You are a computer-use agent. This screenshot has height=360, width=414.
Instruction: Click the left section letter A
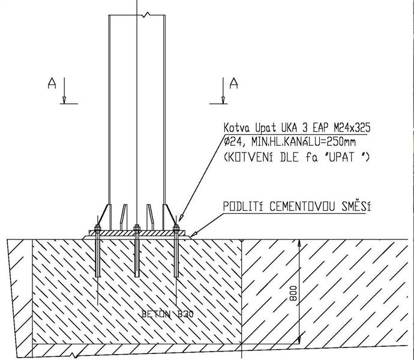[52, 85]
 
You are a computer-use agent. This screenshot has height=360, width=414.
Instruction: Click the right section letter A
[234, 83]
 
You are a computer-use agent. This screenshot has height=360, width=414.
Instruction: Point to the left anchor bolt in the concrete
[97, 255]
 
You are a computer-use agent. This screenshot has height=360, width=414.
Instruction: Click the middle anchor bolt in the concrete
[137, 255]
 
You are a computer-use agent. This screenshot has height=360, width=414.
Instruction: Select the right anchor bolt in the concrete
[176, 255]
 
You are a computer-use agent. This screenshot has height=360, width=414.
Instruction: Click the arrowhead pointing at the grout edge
[194, 235]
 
